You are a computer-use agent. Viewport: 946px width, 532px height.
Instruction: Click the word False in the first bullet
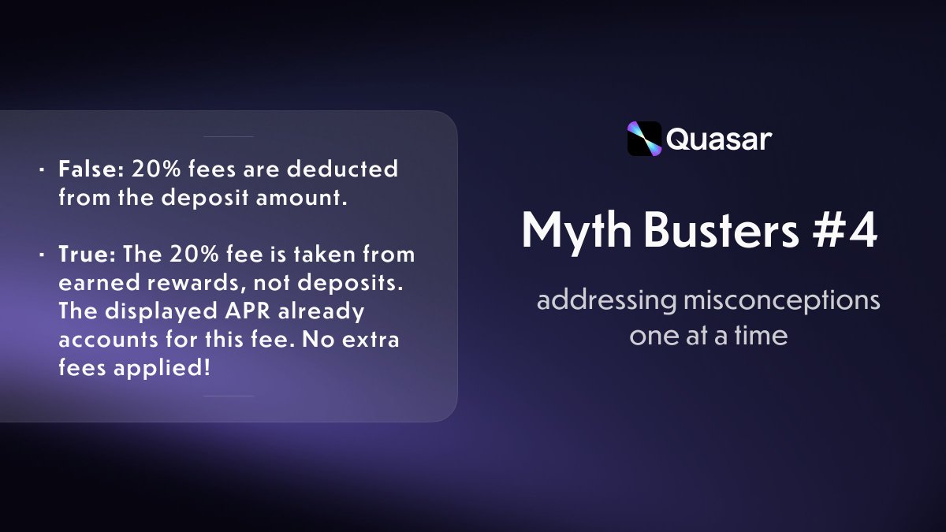84,169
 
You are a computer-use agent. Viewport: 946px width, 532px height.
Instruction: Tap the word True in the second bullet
80,255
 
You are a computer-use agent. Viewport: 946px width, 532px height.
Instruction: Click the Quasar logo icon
643,139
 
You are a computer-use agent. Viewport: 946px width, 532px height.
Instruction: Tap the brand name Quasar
718,140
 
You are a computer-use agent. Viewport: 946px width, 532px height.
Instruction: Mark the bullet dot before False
42,169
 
